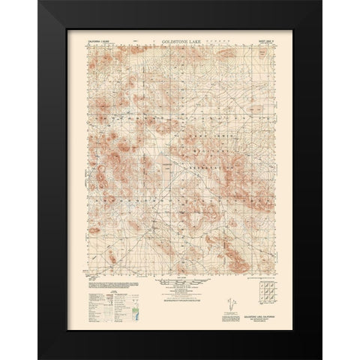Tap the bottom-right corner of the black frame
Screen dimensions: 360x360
pos(293,346)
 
